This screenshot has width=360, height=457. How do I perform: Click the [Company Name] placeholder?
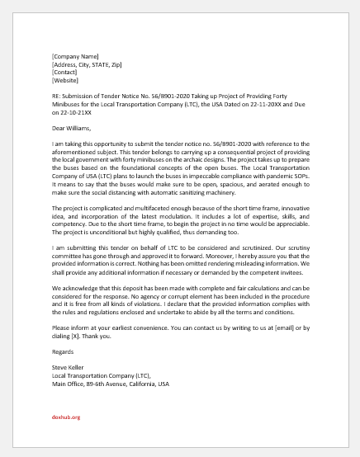(76, 56)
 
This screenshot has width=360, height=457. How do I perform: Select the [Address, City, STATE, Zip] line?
(87, 64)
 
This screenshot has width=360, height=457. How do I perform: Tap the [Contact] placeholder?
(64, 73)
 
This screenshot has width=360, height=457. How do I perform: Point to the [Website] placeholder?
(65, 81)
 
